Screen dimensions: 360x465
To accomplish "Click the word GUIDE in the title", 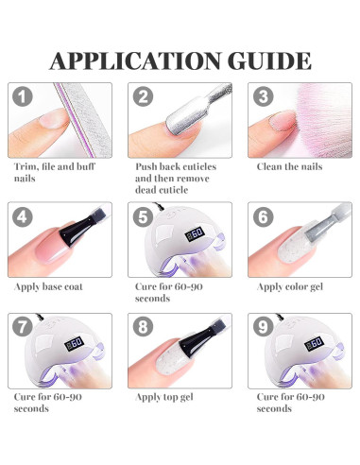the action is tap(269, 60).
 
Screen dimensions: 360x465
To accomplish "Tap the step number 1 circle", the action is tap(23, 96).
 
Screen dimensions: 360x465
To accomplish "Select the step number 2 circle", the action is tap(143, 96).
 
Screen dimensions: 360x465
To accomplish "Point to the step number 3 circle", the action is tap(264, 96).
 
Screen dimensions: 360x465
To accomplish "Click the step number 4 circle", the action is tap(23, 216).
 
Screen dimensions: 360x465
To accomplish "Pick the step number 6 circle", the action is tap(264, 216).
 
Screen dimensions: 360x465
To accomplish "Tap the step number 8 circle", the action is tap(143, 327).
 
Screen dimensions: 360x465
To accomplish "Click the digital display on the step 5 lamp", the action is tap(195, 234).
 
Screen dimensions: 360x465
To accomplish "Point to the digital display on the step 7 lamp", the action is tap(75, 344).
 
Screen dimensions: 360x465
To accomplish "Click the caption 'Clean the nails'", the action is tap(289, 166).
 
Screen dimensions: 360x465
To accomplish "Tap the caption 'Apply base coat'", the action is tap(48, 287).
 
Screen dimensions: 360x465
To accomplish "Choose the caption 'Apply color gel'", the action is tap(290, 287).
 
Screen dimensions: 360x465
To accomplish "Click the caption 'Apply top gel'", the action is tap(164, 397).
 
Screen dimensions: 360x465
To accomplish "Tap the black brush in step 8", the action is tap(200, 342).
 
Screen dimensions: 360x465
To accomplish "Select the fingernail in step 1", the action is tap(53, 118).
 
